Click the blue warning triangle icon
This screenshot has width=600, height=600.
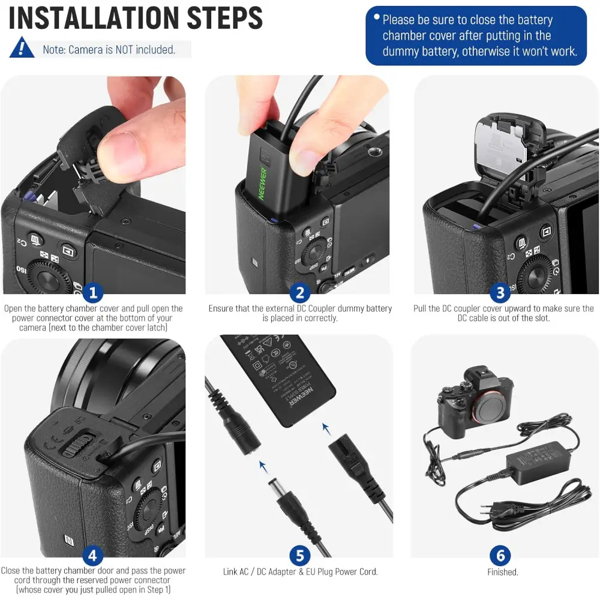pos(22,47)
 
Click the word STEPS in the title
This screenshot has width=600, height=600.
pos(224,17)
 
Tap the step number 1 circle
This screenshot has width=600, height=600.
pos(93,293)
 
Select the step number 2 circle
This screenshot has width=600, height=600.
pos(300,293)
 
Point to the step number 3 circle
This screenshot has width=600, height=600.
pos(500,293)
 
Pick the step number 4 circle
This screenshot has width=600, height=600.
pos(93,556)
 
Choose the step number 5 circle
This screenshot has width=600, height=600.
pos(300,556)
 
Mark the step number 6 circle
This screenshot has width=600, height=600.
pos(500,556)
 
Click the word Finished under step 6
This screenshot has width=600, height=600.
pos(503,572)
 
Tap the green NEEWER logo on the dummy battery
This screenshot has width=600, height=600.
pos(263,183)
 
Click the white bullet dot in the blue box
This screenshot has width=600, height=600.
pos(377,17)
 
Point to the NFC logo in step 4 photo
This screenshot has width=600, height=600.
pos(69,540)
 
